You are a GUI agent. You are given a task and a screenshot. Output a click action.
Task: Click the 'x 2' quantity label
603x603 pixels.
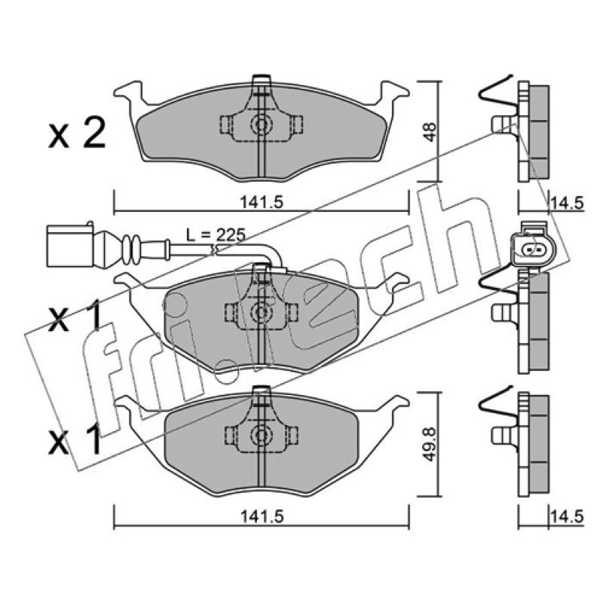click(77, 134)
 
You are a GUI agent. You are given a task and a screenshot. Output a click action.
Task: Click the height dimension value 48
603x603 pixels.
click(429, 131)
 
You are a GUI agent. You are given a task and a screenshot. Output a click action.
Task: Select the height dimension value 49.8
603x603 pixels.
click(429, 445)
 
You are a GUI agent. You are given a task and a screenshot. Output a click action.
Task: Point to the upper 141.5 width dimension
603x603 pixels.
click(262, 201)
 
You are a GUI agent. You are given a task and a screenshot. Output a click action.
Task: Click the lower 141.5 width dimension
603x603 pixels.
click(262, 516)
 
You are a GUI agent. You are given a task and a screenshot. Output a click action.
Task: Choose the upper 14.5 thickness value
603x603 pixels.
click(568, 202)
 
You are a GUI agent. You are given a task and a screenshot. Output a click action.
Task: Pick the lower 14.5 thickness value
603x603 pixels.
click(568, 516)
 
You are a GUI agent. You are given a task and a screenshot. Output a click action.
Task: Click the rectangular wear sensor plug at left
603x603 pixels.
click(69, 246)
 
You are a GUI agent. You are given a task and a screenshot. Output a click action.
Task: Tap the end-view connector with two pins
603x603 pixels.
click(531, 248)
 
